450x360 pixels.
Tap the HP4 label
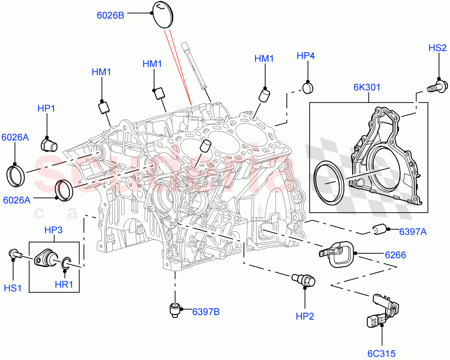(x=305, y=56)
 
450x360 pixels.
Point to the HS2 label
(x=437, y=48)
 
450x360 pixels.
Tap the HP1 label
(x=46, y=108)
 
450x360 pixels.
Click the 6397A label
(x=412, y=232)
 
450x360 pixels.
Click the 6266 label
(x=395, y=255)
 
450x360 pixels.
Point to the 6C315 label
(x=382, y=353)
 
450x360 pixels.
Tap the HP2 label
(x=304, y=316)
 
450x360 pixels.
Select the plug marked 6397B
(x=175, y=309)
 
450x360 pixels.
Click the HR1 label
(x=64, y=285)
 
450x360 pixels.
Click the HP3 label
(x=54, y=230)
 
